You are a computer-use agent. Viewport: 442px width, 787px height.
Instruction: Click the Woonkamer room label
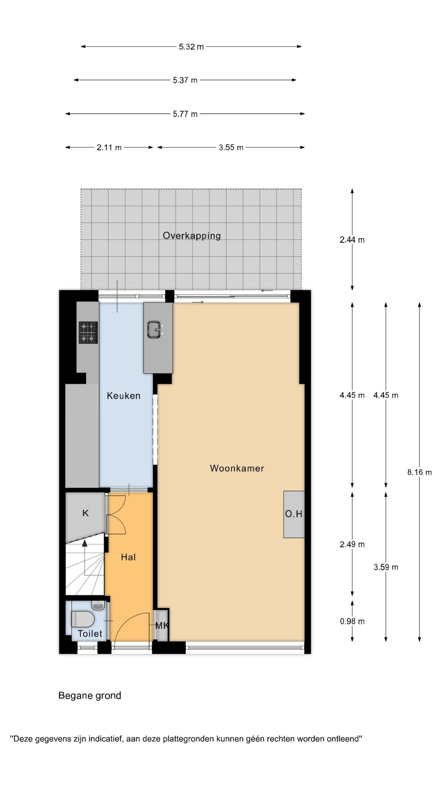coord(237,468)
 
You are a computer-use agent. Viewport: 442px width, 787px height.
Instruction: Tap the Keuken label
coord(123,396)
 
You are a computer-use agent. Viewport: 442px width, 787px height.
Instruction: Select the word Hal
coord(128,557)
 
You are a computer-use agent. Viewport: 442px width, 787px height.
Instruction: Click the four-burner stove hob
coord(88,332)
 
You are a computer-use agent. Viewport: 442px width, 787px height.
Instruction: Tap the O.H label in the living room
coord(294,514)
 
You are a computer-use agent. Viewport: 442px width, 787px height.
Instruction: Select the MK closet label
coord(162,625)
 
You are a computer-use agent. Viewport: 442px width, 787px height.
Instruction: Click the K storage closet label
coord(86,513)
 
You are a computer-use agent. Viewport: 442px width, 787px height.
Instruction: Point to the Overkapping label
coord(192,236)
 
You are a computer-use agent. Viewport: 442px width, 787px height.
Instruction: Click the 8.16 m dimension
coord(419,473)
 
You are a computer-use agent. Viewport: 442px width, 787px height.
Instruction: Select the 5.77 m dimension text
coord(185,114)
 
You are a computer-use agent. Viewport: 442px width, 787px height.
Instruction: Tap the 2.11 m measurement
coord(109,148)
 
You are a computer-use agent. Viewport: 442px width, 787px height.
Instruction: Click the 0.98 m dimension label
coord(352,621)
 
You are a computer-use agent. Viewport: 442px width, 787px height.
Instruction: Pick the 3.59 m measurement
coord(386,567)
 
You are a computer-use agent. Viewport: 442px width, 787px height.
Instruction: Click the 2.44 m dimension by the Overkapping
coord(352,240)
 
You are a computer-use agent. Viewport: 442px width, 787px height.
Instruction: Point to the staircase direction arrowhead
coord(85,543)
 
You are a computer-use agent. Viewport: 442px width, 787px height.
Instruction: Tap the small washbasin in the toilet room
coord(98,605)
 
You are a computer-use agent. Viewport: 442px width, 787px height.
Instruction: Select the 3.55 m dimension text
coord(231,148)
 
